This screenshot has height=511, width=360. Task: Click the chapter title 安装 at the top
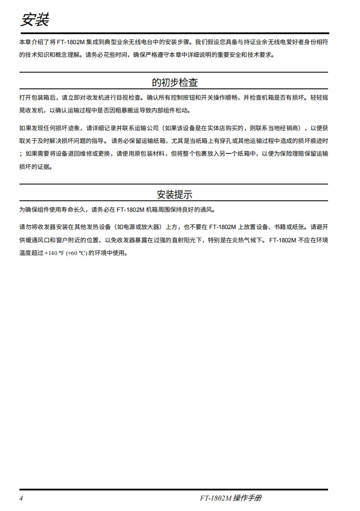point(34,20)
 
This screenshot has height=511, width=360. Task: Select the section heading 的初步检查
point(175,82)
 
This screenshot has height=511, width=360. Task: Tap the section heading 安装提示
point(175,195)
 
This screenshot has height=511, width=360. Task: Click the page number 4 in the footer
point(21,498)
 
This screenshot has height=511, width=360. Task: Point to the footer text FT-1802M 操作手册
point(231,498)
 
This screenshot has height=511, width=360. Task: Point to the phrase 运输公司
point(137,128)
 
